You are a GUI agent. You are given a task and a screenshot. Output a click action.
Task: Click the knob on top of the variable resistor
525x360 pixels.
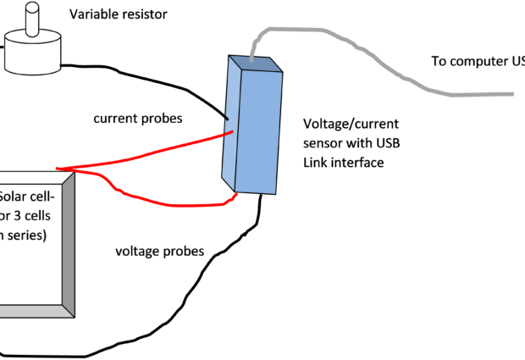(x=33, y=20)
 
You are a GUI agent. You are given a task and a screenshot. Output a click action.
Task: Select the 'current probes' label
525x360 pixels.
(x=138, y=119)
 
